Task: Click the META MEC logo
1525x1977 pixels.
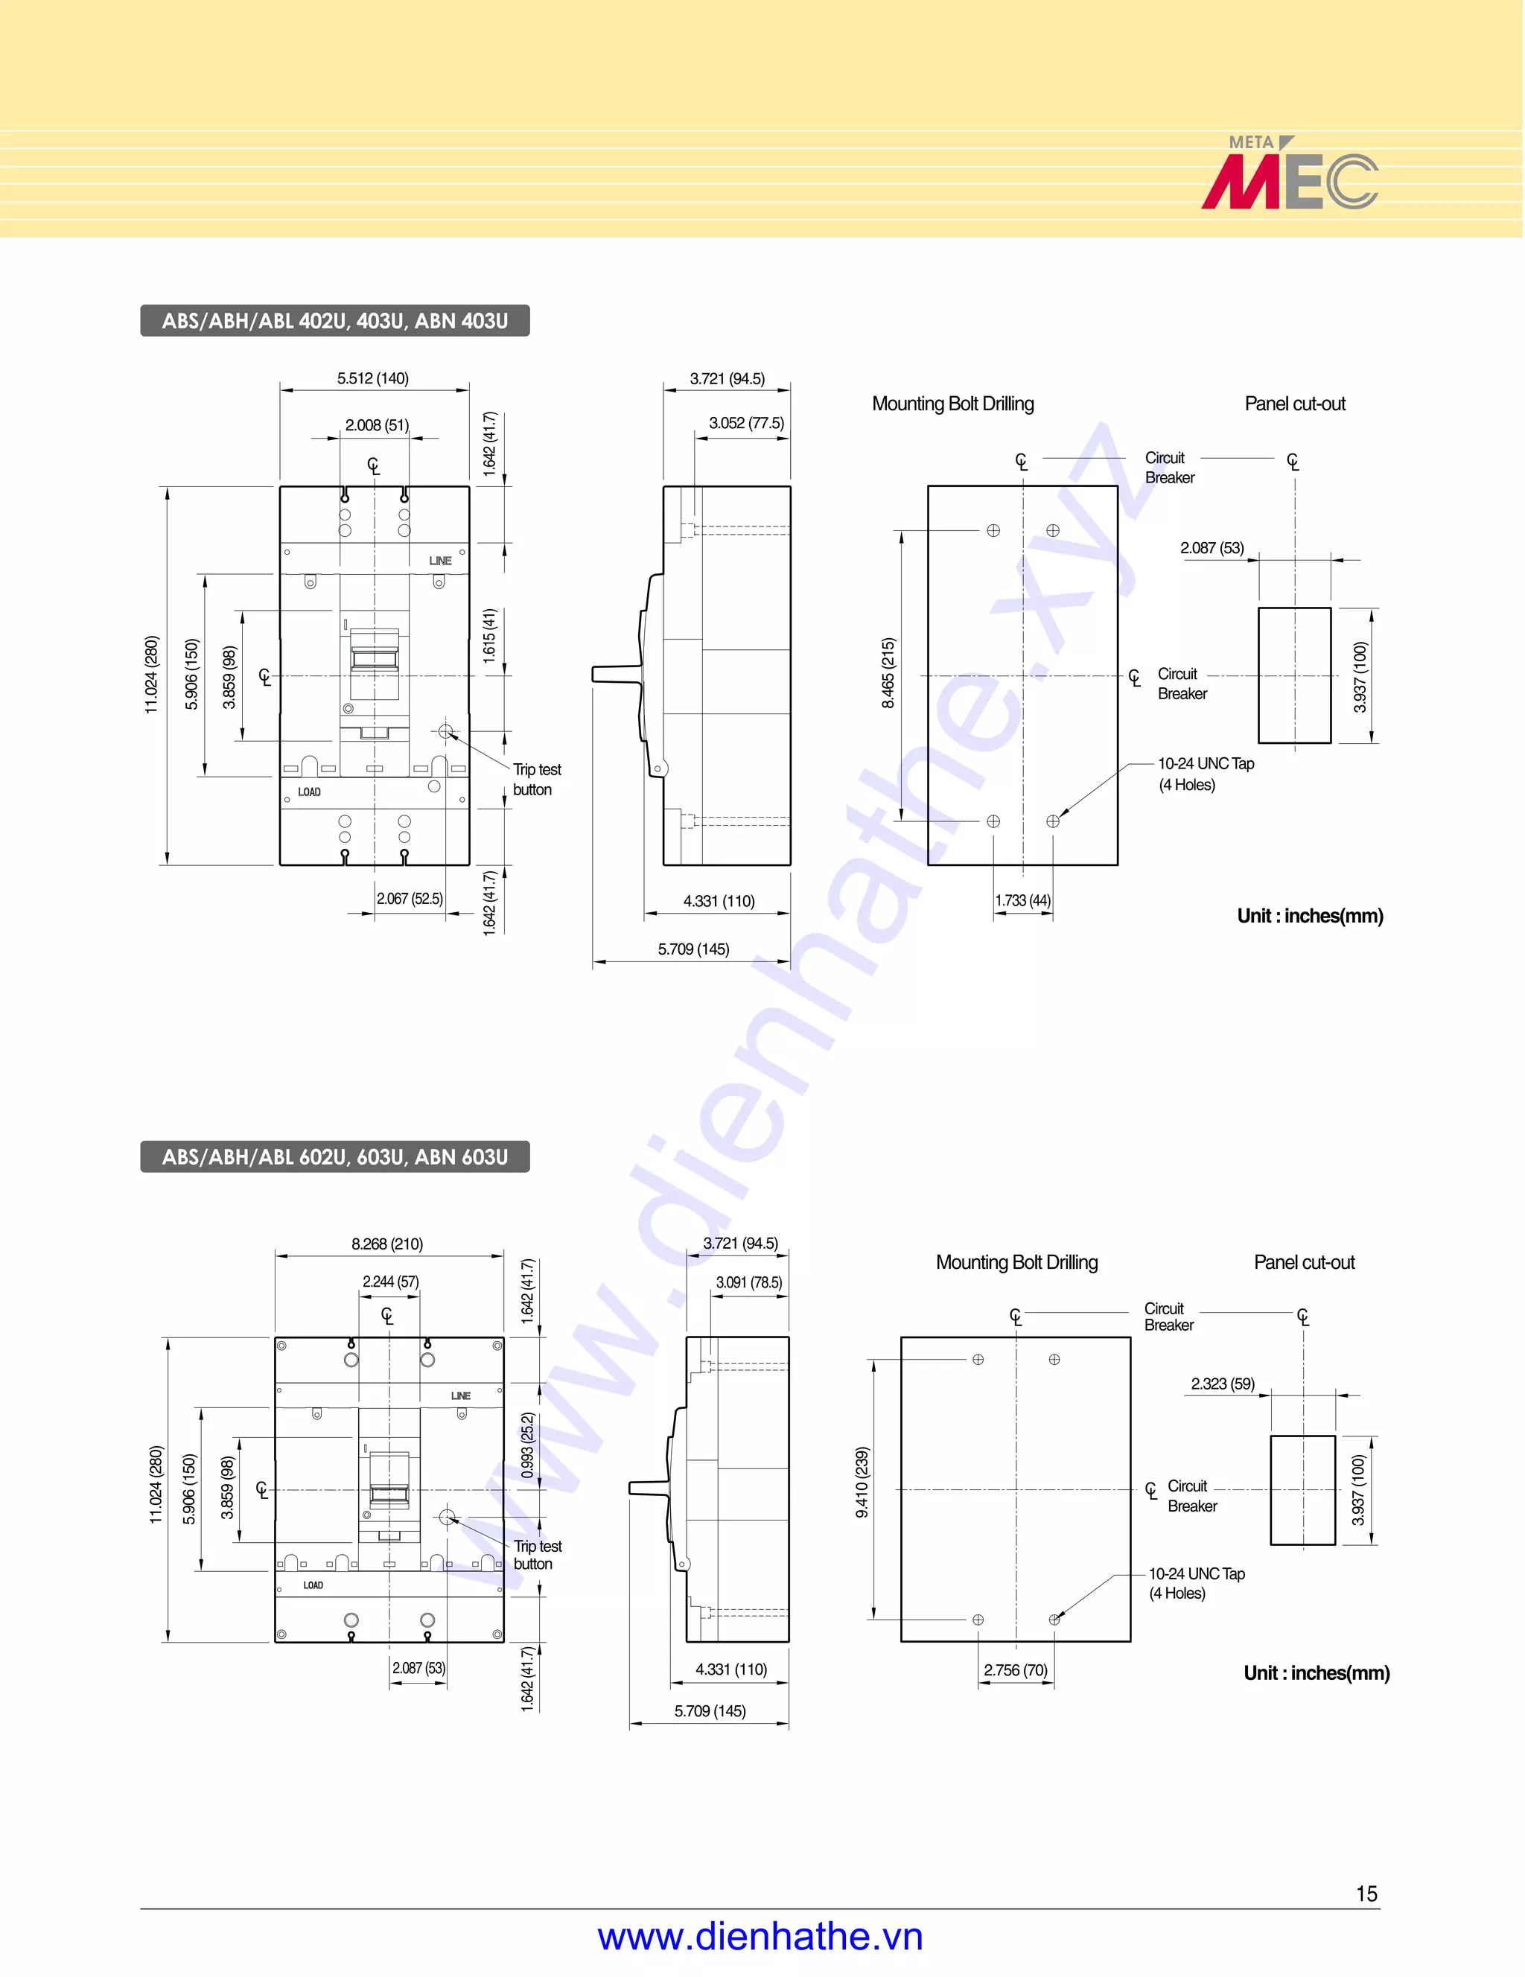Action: (x=1289, y=173)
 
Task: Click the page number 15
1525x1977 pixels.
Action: (x=1366, y=1893)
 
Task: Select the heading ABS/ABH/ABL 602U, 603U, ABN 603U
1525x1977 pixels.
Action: (x=335, y=1157)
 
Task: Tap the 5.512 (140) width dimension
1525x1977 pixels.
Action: (x=373, y=378)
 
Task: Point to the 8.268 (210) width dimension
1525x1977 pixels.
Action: (x=386, y=1244)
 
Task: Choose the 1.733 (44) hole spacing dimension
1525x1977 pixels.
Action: (x=1022, y=901)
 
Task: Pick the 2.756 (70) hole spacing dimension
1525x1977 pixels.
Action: (x=1016, y=1670)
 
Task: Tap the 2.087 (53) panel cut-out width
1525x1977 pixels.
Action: (x=1212, y=547)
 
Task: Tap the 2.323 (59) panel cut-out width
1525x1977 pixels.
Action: (x=1223, y=1384)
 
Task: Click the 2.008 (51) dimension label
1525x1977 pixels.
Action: (x=377, y=424)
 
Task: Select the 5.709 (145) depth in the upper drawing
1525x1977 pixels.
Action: (x=693, y=949)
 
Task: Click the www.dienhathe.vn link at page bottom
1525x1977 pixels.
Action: (x=760, y=1938)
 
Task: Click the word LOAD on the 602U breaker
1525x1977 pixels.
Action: (x=313, y=1586)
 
